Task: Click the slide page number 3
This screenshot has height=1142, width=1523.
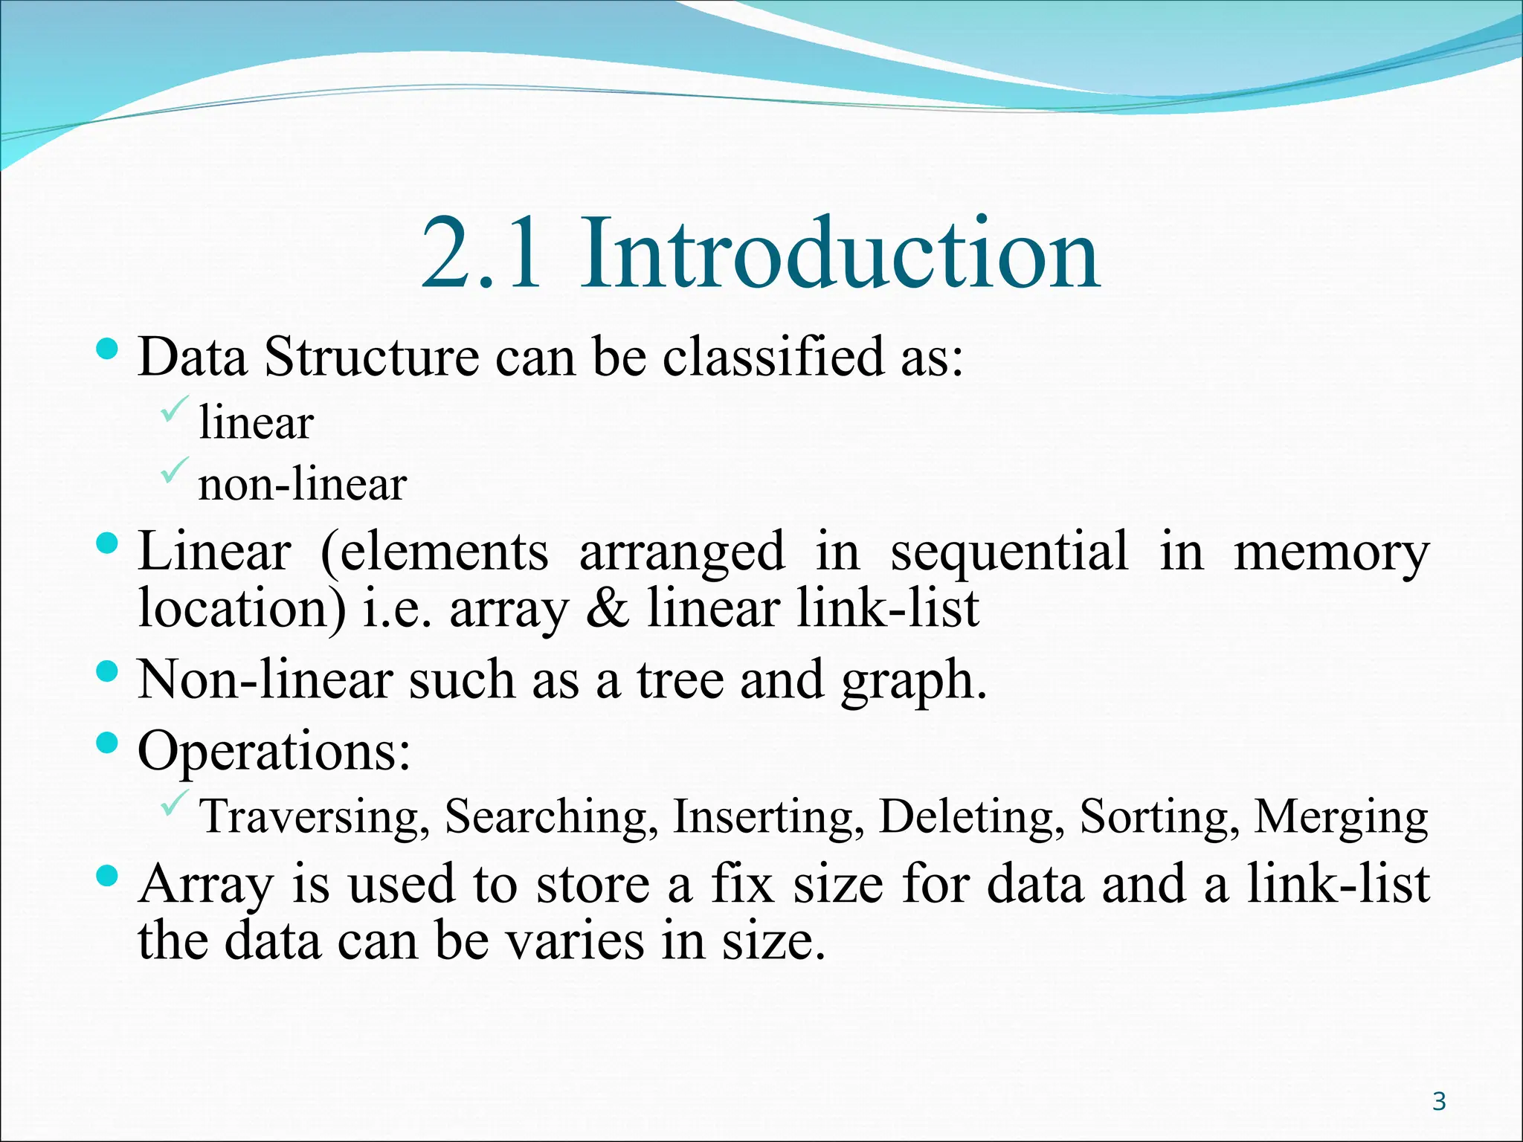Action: tap(1439, 1101)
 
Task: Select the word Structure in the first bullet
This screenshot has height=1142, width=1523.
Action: tap(372, 357)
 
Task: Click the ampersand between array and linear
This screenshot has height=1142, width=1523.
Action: tap(608, 608)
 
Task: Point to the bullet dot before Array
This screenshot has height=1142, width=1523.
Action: tap(108, 877)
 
